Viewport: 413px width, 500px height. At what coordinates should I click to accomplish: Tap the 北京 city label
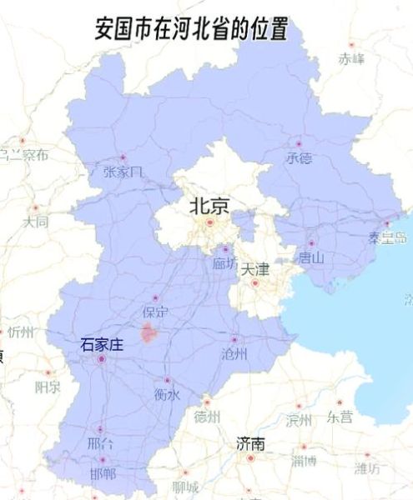point(209,205)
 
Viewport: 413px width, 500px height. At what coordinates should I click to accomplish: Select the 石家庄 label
point(101,343)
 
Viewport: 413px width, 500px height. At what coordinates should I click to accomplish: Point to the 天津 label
point(255,269)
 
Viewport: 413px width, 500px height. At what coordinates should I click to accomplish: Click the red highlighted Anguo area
point(149,334)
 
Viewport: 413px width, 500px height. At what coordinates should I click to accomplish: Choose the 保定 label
point(156,312)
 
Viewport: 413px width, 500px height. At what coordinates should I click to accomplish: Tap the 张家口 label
point(123,171)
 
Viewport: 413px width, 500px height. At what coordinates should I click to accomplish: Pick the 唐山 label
point(311,257)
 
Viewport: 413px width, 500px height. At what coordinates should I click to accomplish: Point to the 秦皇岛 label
point(386,237)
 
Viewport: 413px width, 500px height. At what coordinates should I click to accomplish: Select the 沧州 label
point(234,354)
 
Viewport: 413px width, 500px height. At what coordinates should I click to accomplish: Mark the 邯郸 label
point(103,472)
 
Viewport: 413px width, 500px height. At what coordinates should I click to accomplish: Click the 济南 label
point(250,442)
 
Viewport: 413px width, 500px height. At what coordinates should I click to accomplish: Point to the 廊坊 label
point(224,263)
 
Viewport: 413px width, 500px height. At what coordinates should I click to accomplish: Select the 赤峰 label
point(351,58)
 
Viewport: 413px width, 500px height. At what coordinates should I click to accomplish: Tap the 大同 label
point(36,222)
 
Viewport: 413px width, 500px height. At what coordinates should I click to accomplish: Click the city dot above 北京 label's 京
point(210,222)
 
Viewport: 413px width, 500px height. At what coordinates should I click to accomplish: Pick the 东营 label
point(340,417)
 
